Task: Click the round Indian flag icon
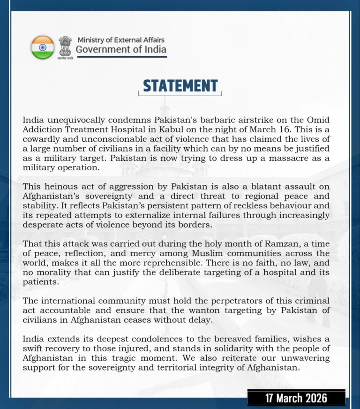coord(43,47)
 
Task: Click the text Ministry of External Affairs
coord(121,40)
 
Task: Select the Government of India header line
coord(121,50)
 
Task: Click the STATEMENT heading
coord(180,86)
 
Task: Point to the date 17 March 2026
coord(296,398)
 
